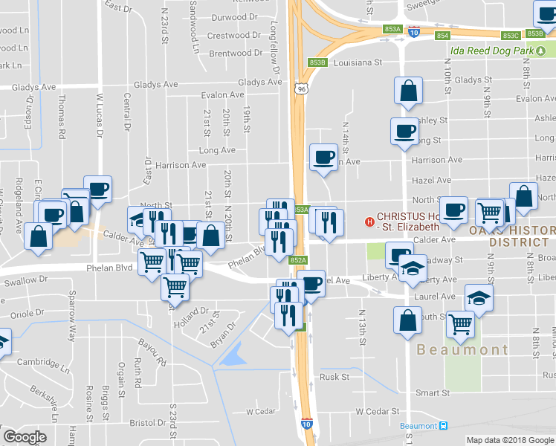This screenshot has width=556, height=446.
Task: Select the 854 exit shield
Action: point(443,35)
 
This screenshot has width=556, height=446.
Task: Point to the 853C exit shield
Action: point(510,35)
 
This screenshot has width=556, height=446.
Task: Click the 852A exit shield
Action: point(297,259)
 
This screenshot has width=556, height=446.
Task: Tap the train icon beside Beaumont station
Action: point(444,425)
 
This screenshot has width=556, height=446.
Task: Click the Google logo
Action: point(24,437)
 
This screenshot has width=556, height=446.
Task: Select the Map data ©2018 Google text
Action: point(510,440)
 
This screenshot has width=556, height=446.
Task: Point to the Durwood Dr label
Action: point(234,16)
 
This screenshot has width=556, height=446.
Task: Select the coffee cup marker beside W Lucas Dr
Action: point(97,189)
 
